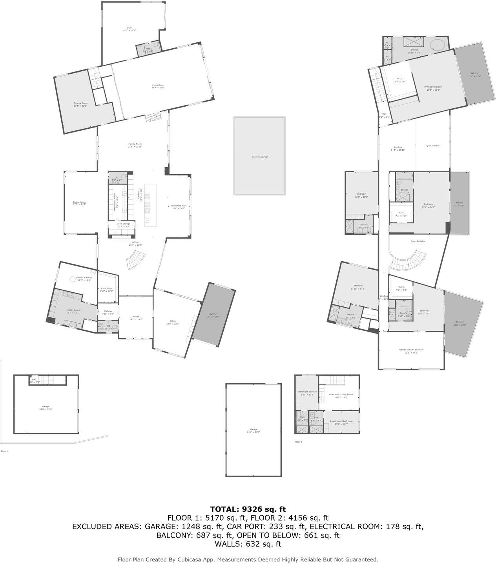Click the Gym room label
tap(129, 28)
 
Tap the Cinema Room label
tap(80, 103)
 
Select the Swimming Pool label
tap(260, 157)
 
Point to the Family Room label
tap(135, 144)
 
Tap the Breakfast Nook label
tap(179, 206)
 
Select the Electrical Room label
tap(84, 277)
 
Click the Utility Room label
tap(73, 310)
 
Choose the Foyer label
tap(136, 317)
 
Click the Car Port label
tap(213, 314)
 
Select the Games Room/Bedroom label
tap(411, 350)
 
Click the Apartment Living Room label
tap(341, 395)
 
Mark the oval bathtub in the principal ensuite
tap(438, 44)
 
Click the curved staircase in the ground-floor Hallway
tap(135, 260)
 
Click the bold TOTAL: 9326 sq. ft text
tap(248, 509)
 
